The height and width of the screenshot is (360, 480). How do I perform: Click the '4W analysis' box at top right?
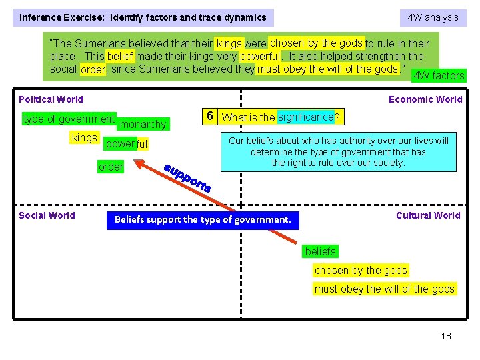click(x=433, y=17)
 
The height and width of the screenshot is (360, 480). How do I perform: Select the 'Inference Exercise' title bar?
click(x=143, y=17)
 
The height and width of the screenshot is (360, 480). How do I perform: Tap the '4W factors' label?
click(x=439, y=75)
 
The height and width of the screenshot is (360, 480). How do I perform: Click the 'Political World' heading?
click(x=51, y=99)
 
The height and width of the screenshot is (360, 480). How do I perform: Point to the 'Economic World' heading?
click(x=425, y=99)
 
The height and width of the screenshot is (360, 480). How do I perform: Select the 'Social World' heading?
click(x=47, y=215)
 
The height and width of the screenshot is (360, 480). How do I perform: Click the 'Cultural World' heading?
click(x=428, y=215)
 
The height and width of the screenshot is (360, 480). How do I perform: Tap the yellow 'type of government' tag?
click(x=69, y=119)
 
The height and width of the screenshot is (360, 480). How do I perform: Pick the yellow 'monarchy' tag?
click(x=143, y=124)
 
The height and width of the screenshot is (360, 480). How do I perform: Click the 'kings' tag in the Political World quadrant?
click(x=85, y=138)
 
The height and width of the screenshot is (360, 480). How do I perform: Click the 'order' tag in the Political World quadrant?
click(x=111, y=167)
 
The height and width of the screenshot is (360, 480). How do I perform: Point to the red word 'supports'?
click(x=187, y=177)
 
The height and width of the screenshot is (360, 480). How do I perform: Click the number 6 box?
click(x=209, y=117)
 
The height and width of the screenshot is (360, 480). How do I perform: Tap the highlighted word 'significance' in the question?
click(x=305, y=117)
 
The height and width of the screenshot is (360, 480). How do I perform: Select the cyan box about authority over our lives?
click(x=339, y=152)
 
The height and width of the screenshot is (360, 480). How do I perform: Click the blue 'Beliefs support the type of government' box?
click(x=203, y=219)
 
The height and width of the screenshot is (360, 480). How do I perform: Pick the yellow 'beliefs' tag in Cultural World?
click(x=321, y=251)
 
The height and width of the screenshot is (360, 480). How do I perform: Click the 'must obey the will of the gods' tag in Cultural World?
click(x=385, y=289)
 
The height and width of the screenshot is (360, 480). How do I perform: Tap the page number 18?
click(x=446, y=336)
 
